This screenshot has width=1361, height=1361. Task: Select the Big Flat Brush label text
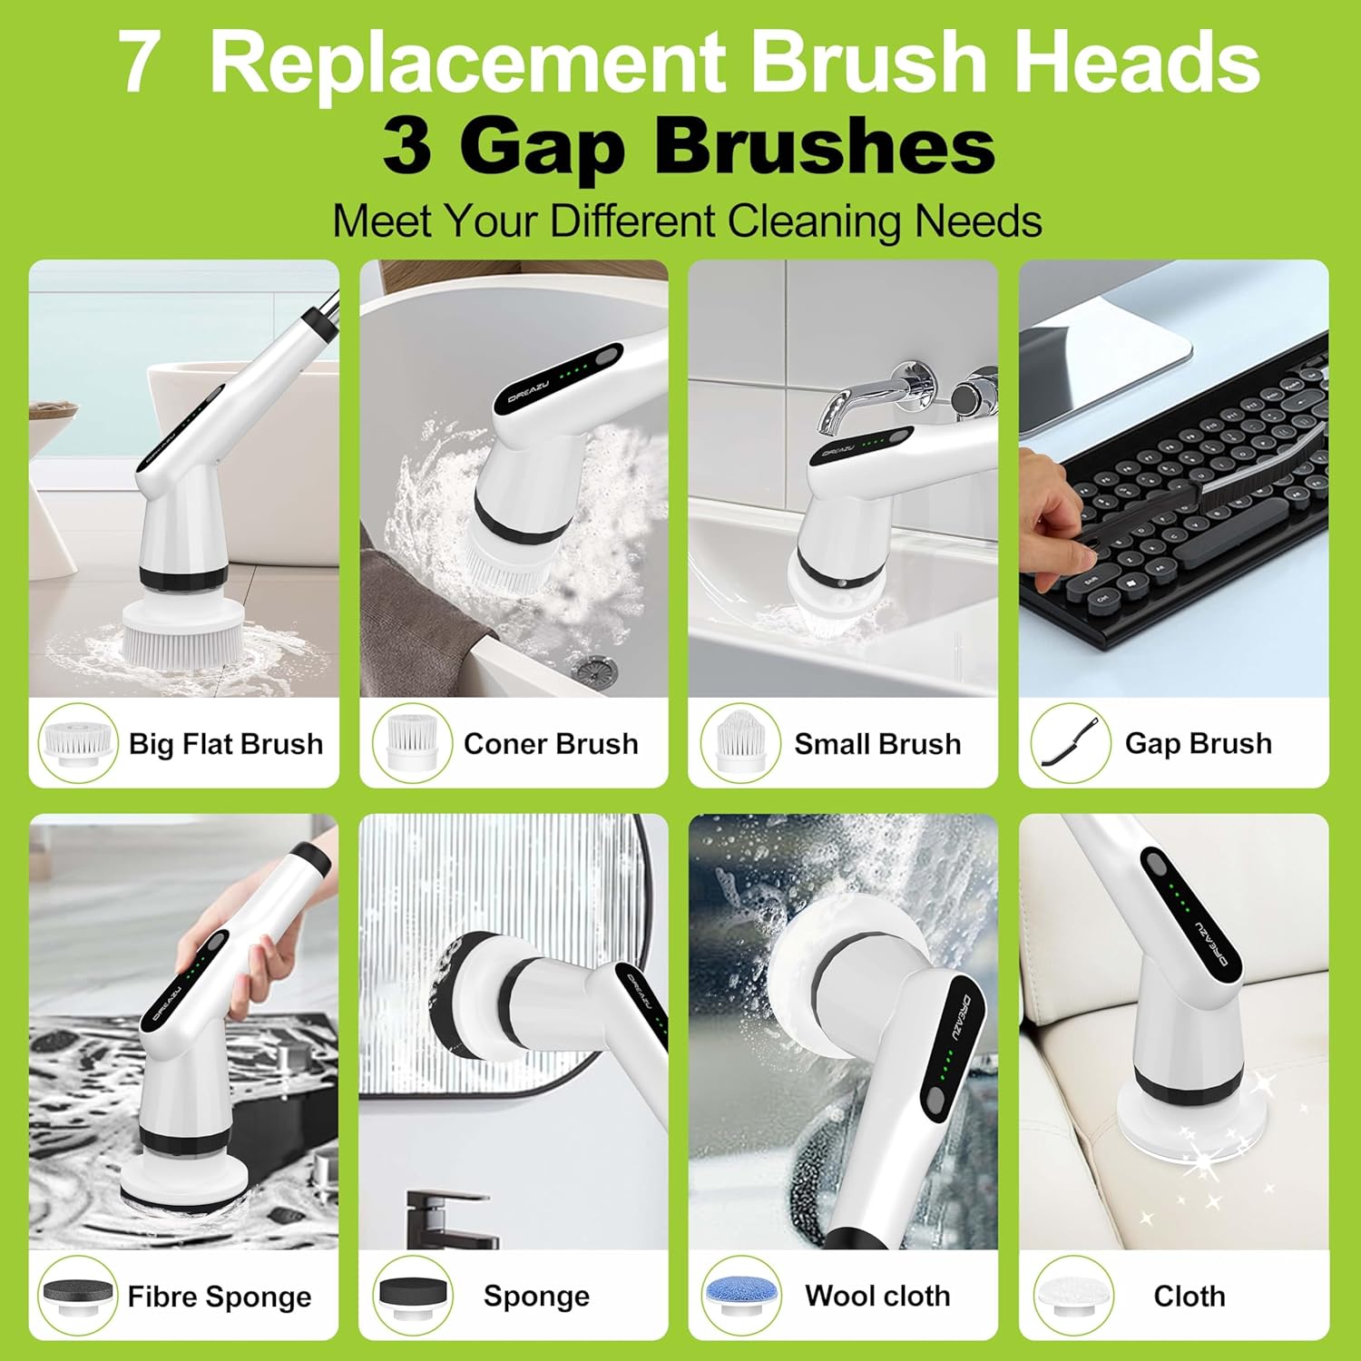click(226, 744)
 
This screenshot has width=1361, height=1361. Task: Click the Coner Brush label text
click(551, 744)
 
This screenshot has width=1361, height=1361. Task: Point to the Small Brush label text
click(877, 744)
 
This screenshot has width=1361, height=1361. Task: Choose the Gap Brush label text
click(1199, 744)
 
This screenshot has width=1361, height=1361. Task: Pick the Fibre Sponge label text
click(220, 1297)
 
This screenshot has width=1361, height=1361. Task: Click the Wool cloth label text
click(877, 1296)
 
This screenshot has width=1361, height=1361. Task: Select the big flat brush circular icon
click(77, 742)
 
